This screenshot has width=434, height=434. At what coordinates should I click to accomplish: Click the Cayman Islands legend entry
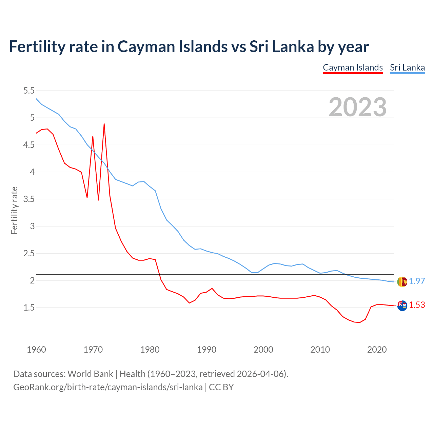click(x=353, y=67)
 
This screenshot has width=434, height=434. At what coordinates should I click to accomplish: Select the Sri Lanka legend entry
click(x=407, y=67)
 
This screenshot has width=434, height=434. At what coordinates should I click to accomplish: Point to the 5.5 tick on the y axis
click(x=29, y=91)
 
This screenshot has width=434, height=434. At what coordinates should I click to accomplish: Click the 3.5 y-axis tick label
click(x=29, y=199)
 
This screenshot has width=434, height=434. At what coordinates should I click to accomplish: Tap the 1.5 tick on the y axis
click(x=29, y=308)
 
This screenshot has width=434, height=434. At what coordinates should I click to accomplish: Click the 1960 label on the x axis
click(x=36, y=350)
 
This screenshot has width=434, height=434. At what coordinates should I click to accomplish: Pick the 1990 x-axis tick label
click(x=206, y=350)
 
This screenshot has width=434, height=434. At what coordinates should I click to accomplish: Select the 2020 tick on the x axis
click(x=377, y=350)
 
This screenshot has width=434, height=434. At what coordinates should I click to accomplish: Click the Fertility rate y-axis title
click(x=14, y=210)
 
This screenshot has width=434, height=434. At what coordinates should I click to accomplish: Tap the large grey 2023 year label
click(x=358, y=107)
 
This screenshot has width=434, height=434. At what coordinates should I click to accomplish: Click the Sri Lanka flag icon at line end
click(x=402, y=281)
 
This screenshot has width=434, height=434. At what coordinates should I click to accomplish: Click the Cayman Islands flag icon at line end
click(x=402, y=305)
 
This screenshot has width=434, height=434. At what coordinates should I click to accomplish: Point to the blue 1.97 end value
click(x=417, y=281)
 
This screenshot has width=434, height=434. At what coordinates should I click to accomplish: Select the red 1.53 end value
click(x=417, y=305)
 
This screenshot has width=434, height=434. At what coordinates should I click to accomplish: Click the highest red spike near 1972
click(x=104, y=124)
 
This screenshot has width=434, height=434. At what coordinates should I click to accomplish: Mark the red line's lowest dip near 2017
click(x=359, y=322)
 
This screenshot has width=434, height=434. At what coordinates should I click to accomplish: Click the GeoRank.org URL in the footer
click(x=108, y=387)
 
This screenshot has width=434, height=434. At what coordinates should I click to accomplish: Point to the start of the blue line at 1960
click(x=36, y=99)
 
